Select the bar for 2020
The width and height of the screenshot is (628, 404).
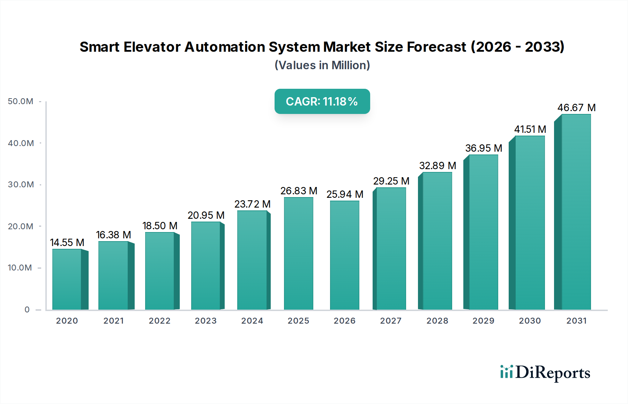point(67,280)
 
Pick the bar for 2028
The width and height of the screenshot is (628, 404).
point(437,241)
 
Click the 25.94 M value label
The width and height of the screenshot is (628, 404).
point(345,194)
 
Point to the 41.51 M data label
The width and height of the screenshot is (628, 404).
point(530,129)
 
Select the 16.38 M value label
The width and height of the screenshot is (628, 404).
point(113,235)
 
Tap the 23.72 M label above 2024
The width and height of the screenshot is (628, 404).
point(252,204)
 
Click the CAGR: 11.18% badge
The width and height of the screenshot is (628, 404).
point(322,101)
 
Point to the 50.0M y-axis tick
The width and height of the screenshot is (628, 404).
point(21,101)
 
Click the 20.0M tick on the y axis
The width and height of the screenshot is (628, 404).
point(21,226)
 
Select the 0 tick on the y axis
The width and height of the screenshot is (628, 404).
point(27,310)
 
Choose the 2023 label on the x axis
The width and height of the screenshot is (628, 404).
point(205,321)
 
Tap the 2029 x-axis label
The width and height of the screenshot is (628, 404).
point(483,321)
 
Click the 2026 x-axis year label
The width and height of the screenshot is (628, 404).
point(344,321)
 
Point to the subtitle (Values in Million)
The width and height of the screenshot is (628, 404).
point(322,65)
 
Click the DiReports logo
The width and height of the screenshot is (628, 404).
point(545,373)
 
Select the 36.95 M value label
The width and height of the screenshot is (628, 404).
point(484,148)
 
